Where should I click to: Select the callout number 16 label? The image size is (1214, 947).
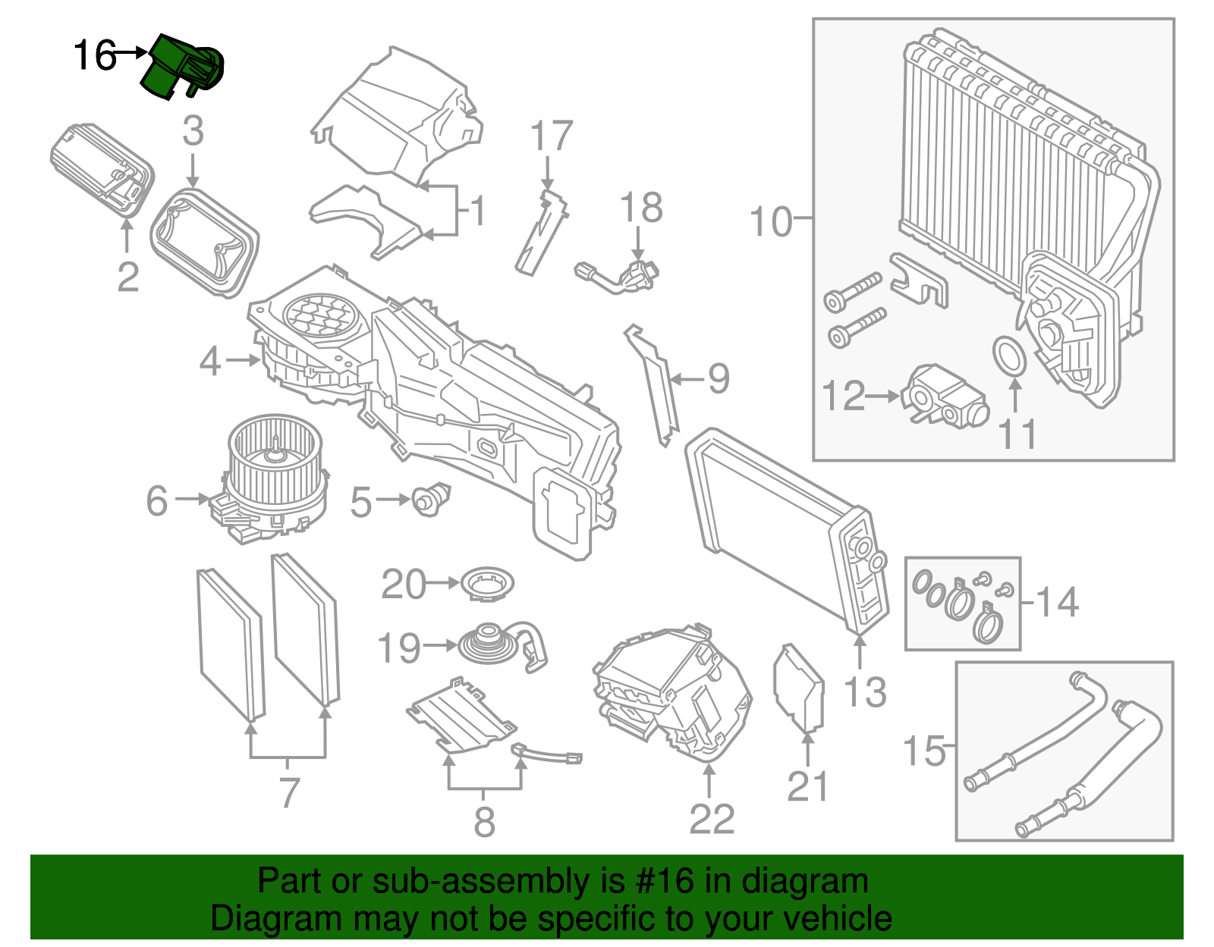pos(94,55)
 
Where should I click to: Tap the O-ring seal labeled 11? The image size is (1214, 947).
pos(1010,356)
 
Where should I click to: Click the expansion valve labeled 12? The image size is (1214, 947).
pos(944,395)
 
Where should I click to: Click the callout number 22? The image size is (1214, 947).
pos(712,819)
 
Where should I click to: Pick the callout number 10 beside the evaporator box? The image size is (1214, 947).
pos(771,221)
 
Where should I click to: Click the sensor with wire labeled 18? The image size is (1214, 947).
pos(622,275)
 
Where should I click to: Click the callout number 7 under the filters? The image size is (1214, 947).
pos(289,792)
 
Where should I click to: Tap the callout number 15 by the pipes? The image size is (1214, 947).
pos(924,751)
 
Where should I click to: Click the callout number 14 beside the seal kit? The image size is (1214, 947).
pos(1057,602)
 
